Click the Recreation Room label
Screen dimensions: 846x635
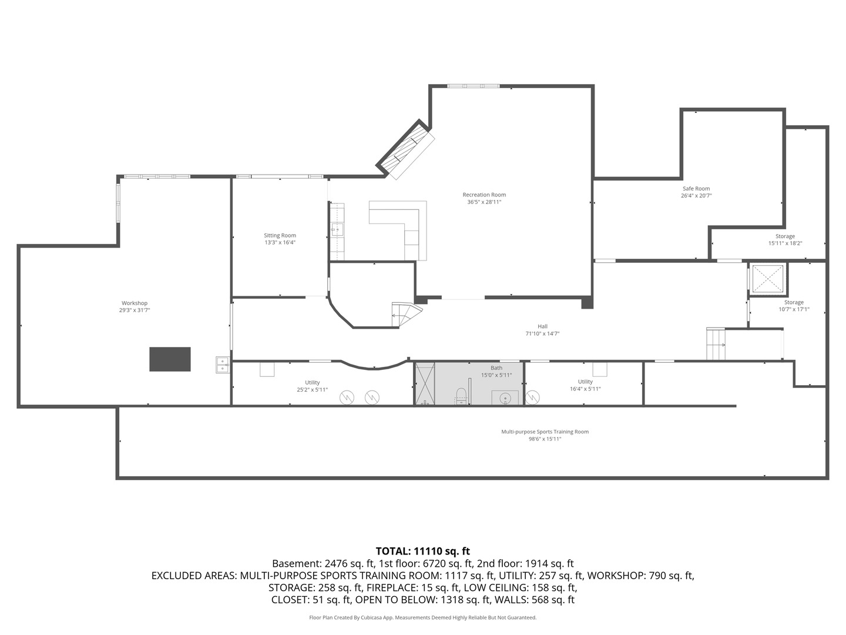(484, 195)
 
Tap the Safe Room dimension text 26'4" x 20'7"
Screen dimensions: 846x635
(696, 195)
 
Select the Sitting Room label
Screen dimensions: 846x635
(280, 235)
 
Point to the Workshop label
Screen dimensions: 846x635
(135, 303)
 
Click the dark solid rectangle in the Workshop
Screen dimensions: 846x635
(170, 359)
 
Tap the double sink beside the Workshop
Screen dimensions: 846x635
(223, 365)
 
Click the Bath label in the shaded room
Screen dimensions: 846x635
(496, 368)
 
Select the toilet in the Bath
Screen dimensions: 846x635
(461, 396)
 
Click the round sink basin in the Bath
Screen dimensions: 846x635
(505, 397)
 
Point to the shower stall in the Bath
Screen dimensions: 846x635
(425, 383)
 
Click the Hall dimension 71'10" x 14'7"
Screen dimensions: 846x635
(542, 333)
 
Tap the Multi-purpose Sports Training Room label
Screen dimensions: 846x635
(545, 432)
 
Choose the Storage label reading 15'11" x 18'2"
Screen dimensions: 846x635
(785, 240)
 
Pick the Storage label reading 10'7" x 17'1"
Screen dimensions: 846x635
(794, 306)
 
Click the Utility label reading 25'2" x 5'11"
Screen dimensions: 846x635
(312, 386)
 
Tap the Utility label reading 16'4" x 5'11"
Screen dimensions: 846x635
(585, 385)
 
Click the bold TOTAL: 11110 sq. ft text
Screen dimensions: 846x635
(423, 551)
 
